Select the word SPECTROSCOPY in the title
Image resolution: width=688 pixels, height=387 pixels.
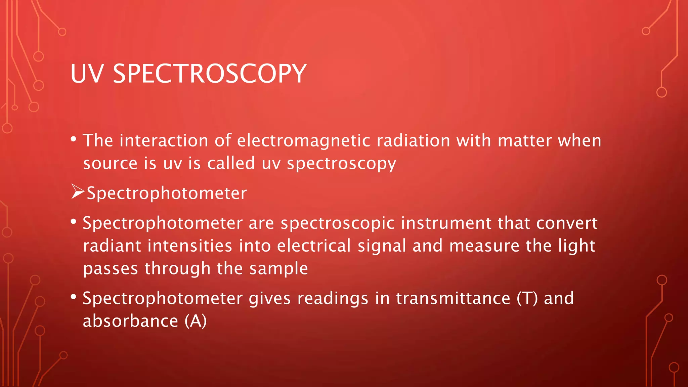[x=210, y=74]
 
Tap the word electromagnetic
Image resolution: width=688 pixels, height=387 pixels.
[x=304, y=141]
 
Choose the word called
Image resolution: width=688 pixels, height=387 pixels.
[x=231, y=164]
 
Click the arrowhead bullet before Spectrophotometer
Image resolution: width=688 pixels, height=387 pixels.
[x=78, y=192]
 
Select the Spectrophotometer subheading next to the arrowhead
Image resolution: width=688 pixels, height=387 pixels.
[x=167, y=193]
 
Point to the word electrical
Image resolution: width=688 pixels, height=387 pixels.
[x=314, y=246]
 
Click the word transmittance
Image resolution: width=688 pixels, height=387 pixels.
[x=453, y=299]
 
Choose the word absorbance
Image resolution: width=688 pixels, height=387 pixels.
[x=130, y=321]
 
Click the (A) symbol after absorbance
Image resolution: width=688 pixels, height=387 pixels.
[x=196, y=321]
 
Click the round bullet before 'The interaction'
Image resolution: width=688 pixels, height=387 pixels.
[x=74, y=139]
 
